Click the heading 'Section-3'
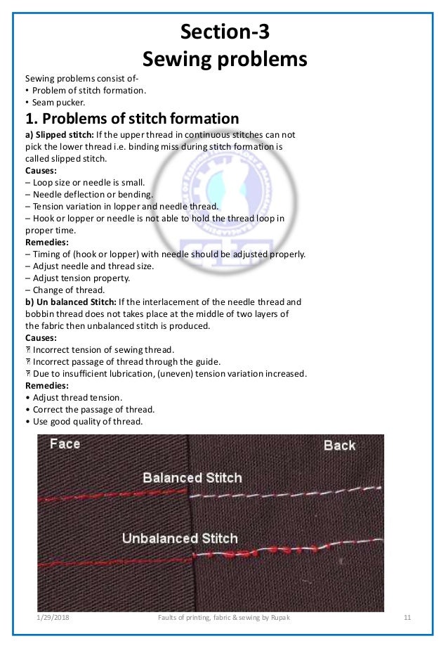[224, 32]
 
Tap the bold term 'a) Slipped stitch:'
[62, 134]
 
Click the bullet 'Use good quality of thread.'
[84, 422]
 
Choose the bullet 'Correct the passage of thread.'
[89, 410]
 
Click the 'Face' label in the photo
[65, 444]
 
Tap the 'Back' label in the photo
[339, 446]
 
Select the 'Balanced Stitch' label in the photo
[192, 479]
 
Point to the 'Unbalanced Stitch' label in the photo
[180, 539]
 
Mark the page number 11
[407, 618]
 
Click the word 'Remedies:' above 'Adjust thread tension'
[48, 386]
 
